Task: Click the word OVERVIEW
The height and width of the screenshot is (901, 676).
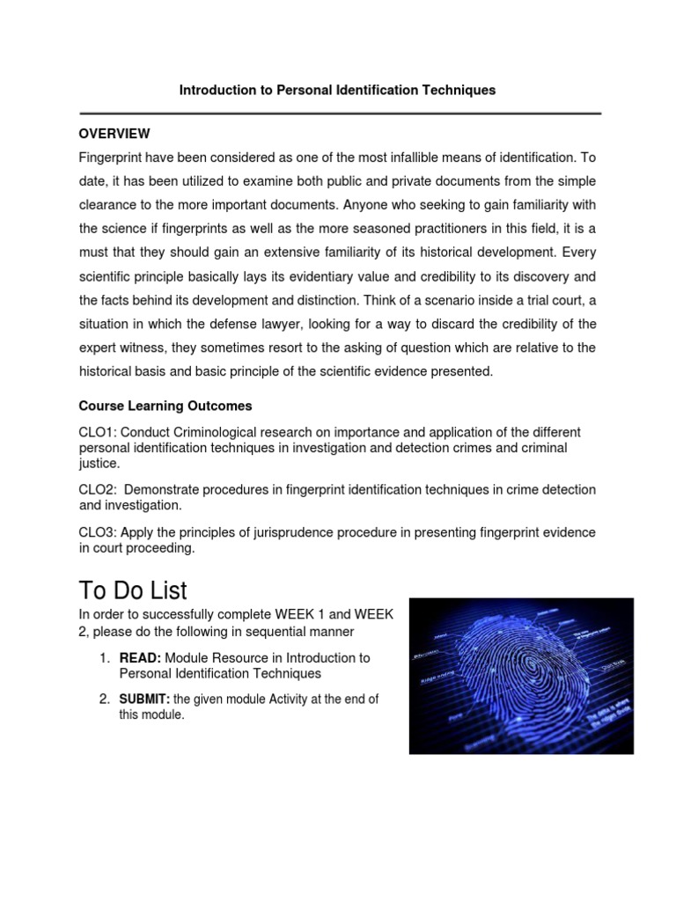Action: tap(114, 134)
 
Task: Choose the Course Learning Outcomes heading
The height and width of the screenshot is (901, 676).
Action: tap(165, 406)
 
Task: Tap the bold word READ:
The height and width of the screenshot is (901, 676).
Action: tap(139, 657)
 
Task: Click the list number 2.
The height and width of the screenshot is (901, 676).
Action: tap(103, 700)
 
